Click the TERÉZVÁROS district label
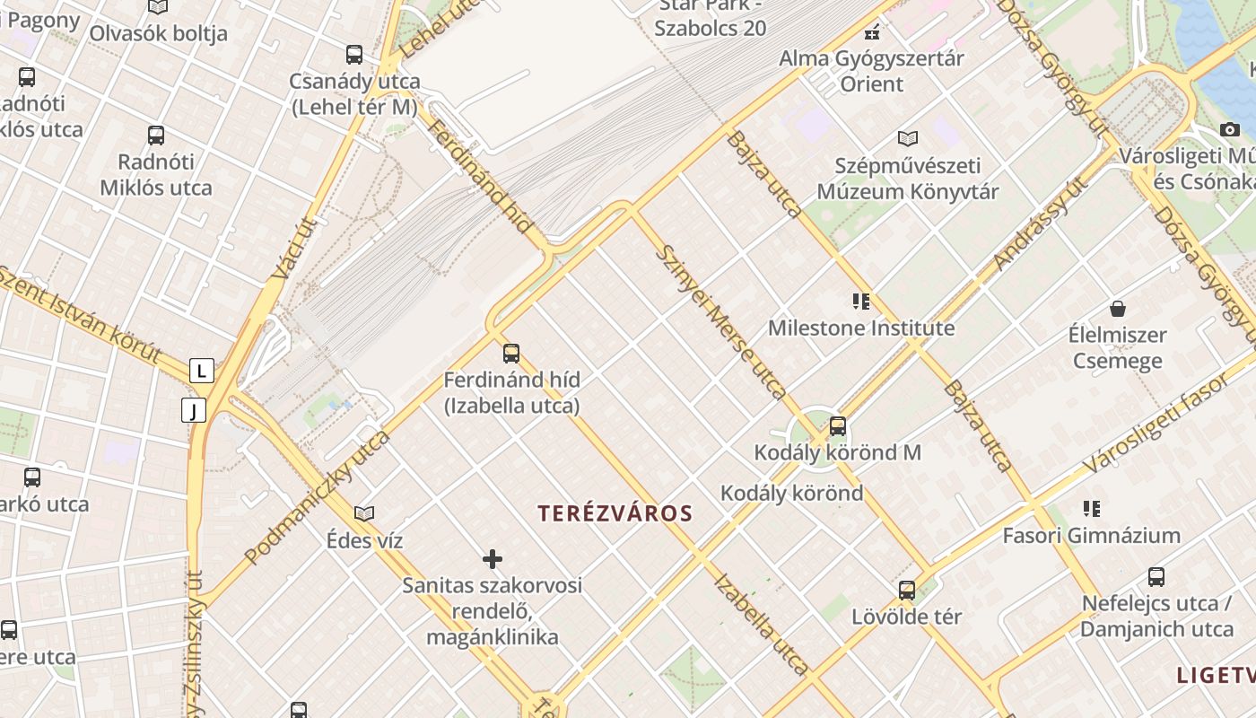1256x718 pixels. click(615, 513)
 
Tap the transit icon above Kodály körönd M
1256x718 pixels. click(838, 426)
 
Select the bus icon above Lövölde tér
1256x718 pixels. click(907, 591)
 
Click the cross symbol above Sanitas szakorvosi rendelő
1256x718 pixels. click(493, 559)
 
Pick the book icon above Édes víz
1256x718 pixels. click(363, 513)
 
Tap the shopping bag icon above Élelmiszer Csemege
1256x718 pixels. click(1118, 310)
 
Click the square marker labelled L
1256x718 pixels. click(202, 370)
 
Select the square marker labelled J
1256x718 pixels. click(194, 411)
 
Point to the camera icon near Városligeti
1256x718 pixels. click(1230, 130)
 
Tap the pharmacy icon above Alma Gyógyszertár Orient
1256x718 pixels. click(871, 33)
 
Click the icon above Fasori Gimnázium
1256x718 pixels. click(1091, 509)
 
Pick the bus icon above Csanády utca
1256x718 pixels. click(354, 55)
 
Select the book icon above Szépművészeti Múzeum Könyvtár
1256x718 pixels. click(908, 139)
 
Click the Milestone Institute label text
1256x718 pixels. click(861, 328)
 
